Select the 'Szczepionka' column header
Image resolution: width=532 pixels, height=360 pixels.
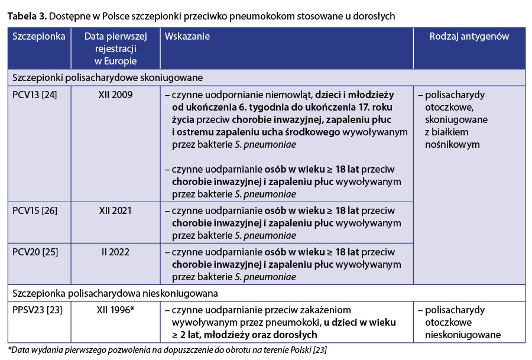tap(38, 37)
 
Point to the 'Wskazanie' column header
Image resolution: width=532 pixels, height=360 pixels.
tap(187, 37)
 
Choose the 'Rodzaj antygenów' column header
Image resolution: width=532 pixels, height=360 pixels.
tap(469, 37)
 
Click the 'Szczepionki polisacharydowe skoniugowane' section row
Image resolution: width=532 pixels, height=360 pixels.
tap(108, 77)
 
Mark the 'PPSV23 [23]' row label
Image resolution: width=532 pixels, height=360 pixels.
tap(37, 310)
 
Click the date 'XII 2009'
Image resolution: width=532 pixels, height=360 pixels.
tap(115, 95)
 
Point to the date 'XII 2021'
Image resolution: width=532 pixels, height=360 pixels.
tap(115, 210)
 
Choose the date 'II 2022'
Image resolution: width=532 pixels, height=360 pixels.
tap(115, 252)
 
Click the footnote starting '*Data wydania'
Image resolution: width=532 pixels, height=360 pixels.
tap(167, 350)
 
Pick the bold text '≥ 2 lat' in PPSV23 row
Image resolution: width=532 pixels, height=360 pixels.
tap(188, 336)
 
